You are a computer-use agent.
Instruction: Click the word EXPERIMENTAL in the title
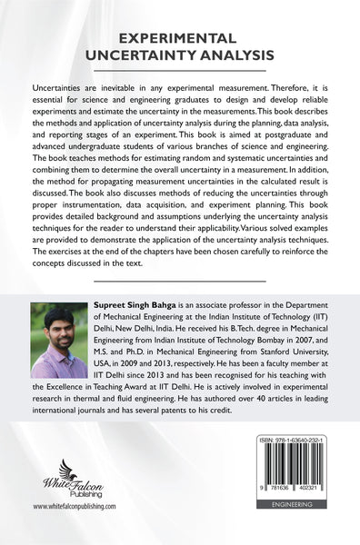[180, 38]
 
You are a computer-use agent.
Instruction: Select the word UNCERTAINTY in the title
[146, 55]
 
